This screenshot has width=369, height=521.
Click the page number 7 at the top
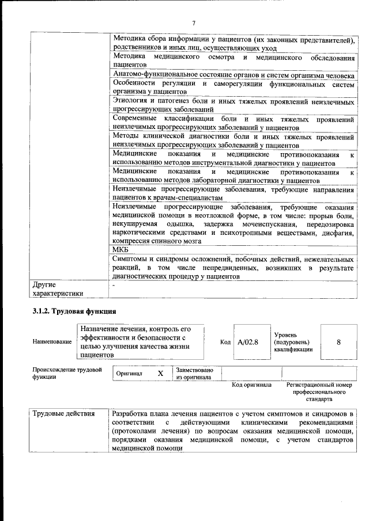(x=194, y=22)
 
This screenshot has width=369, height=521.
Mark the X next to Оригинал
(x=160, y=373)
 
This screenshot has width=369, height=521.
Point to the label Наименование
(x=52, y=341)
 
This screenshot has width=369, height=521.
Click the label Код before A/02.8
(x=225, y=341)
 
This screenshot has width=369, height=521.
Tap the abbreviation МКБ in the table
(x=120, y=249)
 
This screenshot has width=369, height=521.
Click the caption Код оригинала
(x=251, y=384)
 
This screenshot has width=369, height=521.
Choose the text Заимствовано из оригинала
(x=194, y=374)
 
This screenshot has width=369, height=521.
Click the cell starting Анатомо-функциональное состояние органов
(x=234, y=75)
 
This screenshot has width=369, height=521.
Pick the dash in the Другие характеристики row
(x=114, y=285)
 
